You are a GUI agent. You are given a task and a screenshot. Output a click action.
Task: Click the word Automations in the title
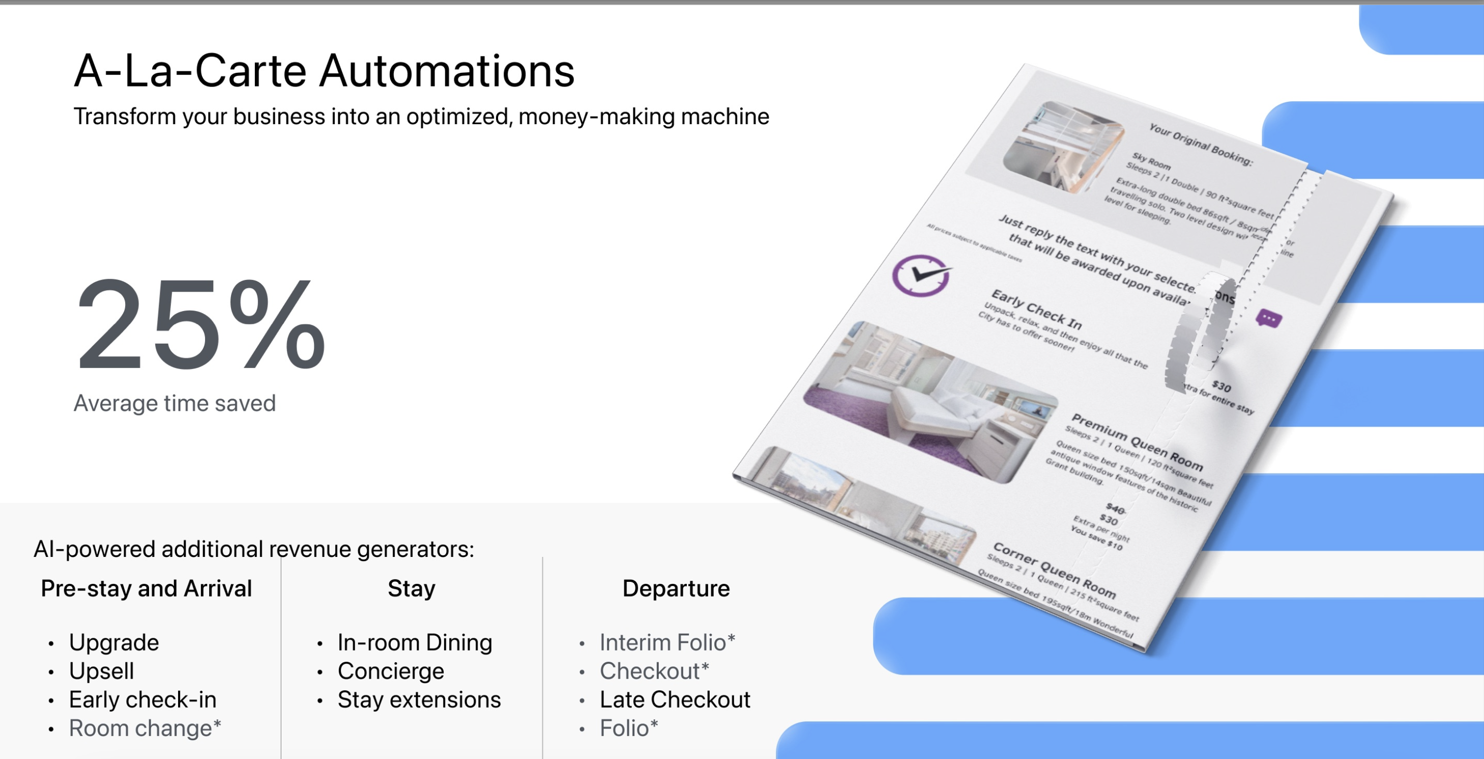(447, 71)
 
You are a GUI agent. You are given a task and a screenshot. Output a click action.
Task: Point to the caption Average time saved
(174, 403)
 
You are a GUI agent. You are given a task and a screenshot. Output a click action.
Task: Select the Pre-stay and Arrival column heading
(147, 588)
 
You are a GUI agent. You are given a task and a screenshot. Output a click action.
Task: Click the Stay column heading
(412, 588)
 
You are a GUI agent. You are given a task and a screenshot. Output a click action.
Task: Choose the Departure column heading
(676, 588)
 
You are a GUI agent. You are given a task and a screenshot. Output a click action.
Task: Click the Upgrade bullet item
(113, 642)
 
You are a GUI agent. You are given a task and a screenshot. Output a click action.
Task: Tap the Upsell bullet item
(101, 671)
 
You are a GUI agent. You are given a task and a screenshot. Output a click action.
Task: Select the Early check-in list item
(142, 699)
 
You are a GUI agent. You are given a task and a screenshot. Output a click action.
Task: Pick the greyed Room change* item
(144, 728)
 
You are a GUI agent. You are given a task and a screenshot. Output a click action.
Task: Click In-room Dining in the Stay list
(415, 642)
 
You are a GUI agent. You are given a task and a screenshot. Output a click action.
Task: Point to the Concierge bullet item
(391, 671)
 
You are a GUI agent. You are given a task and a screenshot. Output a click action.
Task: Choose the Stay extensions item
(419, 699)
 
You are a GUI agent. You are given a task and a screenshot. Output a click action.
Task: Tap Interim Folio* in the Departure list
(667, 642)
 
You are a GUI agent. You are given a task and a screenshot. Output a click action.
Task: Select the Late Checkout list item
(675, 699)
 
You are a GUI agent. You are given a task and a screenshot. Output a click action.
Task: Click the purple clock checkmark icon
(921, 275)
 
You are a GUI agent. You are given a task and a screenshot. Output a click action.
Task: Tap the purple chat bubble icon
(1268, 318)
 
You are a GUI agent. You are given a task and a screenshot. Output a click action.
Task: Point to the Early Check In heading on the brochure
(1036, 308)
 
